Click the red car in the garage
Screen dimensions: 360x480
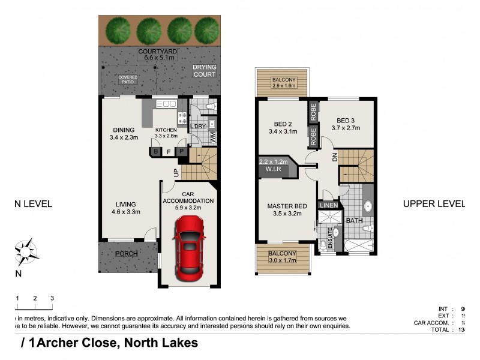[190, 247]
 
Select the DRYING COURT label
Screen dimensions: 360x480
[204, 71]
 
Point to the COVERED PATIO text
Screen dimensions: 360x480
[128, 80]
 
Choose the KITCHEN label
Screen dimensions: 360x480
[166, 130]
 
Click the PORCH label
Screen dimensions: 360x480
[127, 254]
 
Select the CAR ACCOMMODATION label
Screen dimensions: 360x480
[188, 200]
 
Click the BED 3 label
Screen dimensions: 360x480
[347, 119]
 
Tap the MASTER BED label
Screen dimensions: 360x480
[287, 206]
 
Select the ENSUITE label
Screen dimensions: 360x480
[329, 239]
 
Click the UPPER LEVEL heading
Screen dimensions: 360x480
[433, 204]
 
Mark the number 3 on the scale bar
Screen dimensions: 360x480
[52, 298]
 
